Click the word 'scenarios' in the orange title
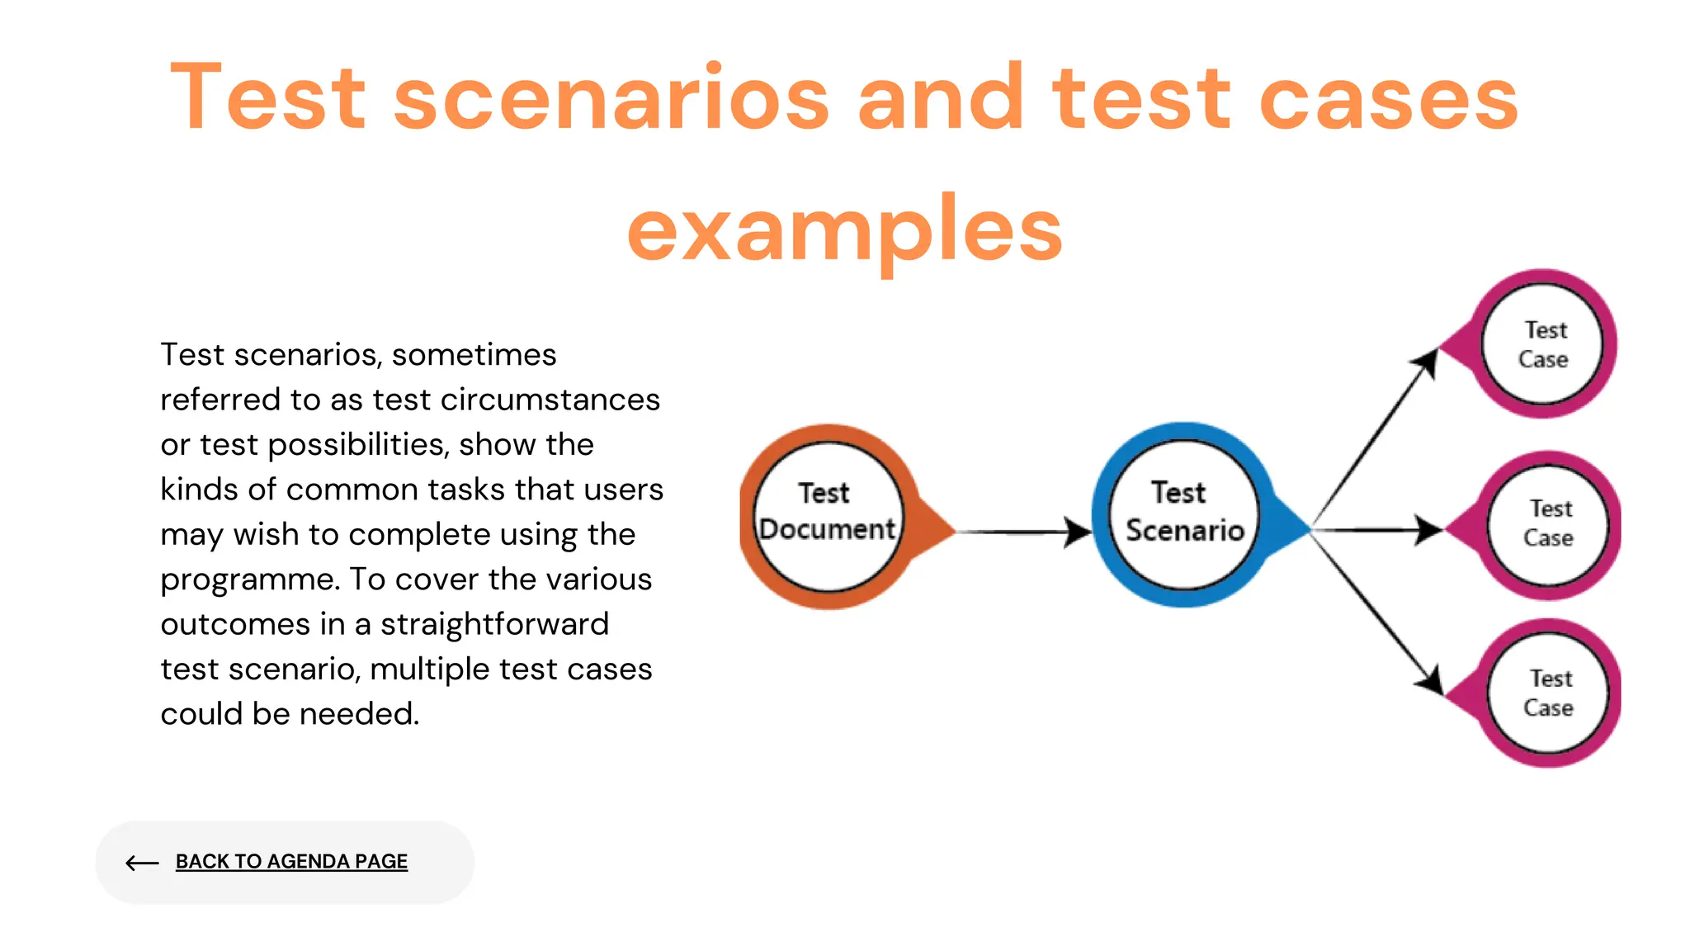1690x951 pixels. [x=611, y=99]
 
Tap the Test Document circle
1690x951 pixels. [x=828, y=517]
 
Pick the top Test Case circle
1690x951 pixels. [x=1542, y=344]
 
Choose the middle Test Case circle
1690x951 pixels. [x=1548, y=524]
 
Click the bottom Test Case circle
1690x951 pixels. [x=1548, y=693]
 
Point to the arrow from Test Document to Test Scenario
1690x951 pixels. [x=1023, y=532]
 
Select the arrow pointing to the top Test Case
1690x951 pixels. [x=1374, y=438]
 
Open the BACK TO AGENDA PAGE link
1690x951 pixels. [x=291, y=862]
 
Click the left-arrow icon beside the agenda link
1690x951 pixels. [x=142, y=863]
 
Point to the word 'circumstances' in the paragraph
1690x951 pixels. [x=550, y=400]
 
